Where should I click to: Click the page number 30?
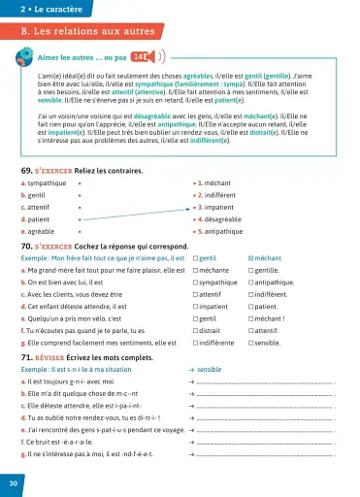click(x=13, y=483)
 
